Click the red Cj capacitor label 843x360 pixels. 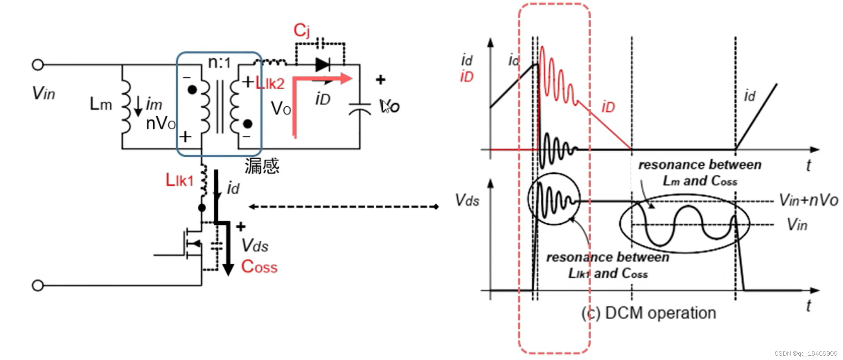[x=301, y=30]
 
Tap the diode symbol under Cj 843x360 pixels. [x=322, y=65]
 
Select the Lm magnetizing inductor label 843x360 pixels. [x=101, y=105]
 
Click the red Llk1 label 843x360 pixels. [x=179, y=180]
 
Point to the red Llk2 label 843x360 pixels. [x=270, y=84]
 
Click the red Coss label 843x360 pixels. [x=259, y=267]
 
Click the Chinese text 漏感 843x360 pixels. [x=262, y=166]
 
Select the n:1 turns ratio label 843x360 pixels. [x=219, y=62]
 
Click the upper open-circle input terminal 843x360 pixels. [x=38, y=65]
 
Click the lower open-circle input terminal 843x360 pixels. [x=38, y=285]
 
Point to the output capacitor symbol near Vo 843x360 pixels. [x=359, y=109]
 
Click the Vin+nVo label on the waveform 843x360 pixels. [x=808, y=200]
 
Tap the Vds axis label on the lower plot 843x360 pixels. [x=467, y=200]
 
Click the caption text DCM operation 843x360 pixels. [x=649, y=313]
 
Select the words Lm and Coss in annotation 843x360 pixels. [x=700, y=181]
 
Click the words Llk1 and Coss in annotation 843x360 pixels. [x=608, y=274]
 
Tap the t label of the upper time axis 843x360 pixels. [x=809, y=165]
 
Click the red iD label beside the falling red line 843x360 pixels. [x=608, y=107]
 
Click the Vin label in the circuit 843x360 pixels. [x=44, y=93]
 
